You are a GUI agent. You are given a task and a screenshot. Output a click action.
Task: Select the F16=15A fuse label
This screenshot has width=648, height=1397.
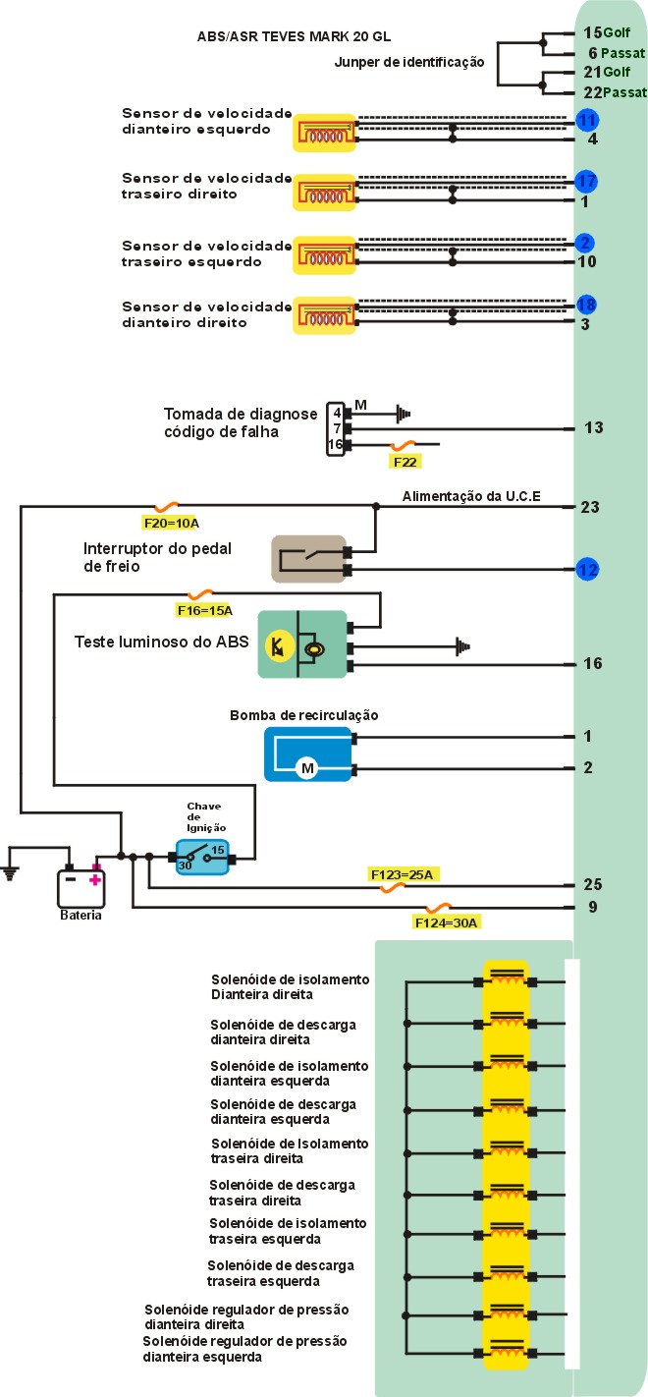coord(204,610)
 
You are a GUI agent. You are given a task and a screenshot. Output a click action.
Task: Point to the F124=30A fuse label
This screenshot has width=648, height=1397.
coord(447,922)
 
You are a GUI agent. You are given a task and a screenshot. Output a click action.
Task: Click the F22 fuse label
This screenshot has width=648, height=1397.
coord(406,461)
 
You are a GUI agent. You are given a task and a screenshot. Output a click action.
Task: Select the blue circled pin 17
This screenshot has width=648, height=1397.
coord(587,182)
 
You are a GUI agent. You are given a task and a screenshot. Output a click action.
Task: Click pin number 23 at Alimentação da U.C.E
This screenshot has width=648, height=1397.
coord(591,507)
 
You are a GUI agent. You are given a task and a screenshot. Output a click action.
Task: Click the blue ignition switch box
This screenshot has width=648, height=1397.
coord(202,857)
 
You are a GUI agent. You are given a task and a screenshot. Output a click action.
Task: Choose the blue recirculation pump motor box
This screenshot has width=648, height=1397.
coord(307,754)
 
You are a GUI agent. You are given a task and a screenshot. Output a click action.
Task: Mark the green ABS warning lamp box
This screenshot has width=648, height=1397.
coord(302,644)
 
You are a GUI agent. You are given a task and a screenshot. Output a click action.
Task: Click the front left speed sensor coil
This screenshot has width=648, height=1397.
coord(323,131)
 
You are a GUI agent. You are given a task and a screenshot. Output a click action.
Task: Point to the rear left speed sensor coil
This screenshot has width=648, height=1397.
coord(323,253)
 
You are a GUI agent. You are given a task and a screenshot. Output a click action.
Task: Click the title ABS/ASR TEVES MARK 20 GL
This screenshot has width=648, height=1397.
coord(294,36)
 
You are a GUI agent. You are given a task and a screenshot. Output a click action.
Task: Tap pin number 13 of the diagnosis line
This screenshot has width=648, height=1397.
coord(593,427)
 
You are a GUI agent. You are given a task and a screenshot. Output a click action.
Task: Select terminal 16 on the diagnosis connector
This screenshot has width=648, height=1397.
coord(336,445)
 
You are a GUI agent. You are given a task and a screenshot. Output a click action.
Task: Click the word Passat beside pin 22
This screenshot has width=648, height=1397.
coord(625,92)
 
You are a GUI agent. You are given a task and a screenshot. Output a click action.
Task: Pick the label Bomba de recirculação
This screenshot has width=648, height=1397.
coord(303,714)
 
